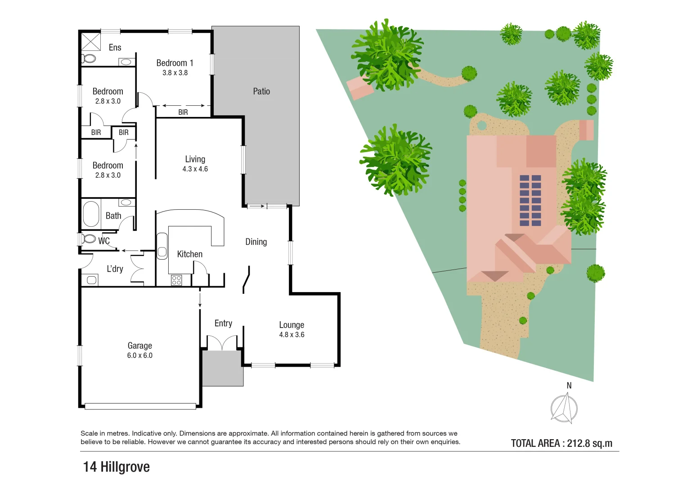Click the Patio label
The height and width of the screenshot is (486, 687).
click(261, 91)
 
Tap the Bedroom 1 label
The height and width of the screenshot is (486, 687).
click(175, 63)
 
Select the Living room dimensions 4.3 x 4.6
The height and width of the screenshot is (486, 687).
click(195, 169)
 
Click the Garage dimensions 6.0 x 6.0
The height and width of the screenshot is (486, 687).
click(139, 355)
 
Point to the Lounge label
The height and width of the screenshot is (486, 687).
click(292, 325)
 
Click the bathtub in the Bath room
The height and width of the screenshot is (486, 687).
click(91, 214)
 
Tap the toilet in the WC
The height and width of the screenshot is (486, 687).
click(89, 238)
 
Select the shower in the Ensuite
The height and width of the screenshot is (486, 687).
click(91, 41)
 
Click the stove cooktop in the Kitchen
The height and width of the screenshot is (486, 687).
click(176, 280)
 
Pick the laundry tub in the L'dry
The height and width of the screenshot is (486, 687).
click(91, 280)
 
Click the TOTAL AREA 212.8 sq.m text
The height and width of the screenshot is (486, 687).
click(561, 443)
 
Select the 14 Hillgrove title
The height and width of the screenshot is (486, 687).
click(117, 467)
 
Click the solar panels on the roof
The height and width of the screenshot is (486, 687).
click(530, 200)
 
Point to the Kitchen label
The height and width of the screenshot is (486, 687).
click(189, 254)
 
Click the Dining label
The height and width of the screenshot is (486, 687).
click(256, 242)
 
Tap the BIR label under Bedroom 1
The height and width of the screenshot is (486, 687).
click(183, 112)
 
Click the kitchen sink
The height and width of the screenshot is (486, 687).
click(162, 246)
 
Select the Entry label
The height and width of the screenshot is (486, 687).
click(223, 324)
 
